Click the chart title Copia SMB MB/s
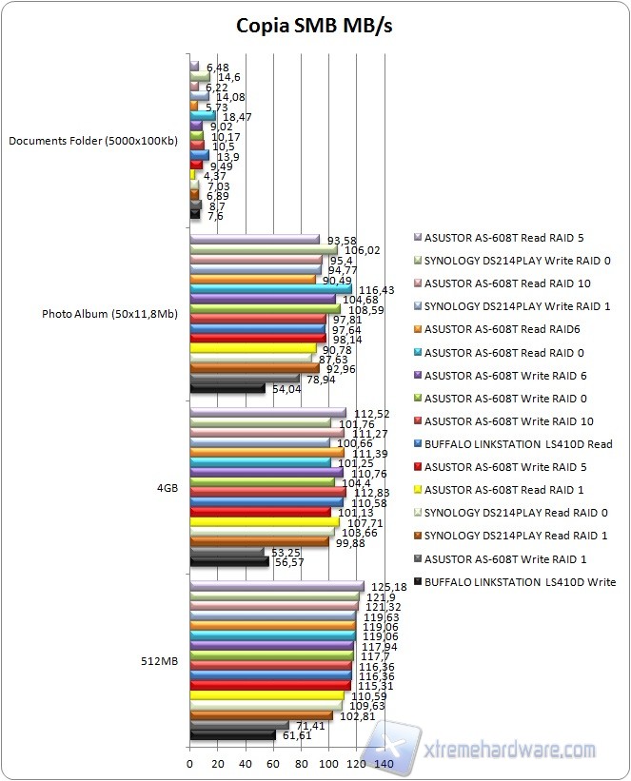click(x=314, y=26)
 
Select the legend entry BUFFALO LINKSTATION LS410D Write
click(x=522, y=581)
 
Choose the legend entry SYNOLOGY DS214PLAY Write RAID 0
click(x=522, y=261)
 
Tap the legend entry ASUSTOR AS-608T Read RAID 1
click(x=511, y=490)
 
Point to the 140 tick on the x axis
click(x=384, y=764)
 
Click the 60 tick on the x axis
click(x=273, y=764)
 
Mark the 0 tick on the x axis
click(x=190, y=764)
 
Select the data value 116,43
click(x=373, y=288)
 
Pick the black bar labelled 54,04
click(x=227, y=388)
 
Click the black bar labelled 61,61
click(x=232, y=734)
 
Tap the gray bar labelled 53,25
click(x=227, y=551)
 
